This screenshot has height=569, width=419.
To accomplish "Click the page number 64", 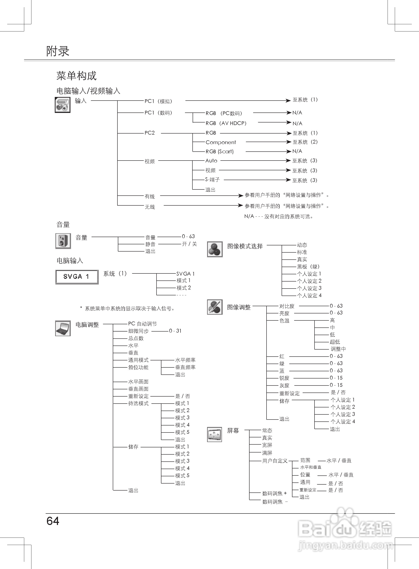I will pyautogui.click(x=53, y=521).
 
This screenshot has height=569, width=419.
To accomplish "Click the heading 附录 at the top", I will pyautogui.click(x=58, y=51).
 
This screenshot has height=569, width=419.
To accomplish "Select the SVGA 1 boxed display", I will pyautogui.click(x=77, y=277).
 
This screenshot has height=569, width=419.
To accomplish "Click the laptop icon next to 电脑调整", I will pyautogui.click(x=63, y=328).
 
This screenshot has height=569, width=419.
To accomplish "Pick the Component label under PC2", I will pyautogui.click(x=221, y=142).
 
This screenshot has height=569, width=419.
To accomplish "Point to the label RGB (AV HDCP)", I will pyautogui.click(x=226, y=123).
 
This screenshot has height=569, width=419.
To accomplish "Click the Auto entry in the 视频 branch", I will pyautogui.click(x=211, y=161).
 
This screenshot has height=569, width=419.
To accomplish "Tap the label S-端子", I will pyautogui.click(x=212, y=180).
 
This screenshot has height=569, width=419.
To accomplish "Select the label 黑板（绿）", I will pyautogui.click(x=308, y=267).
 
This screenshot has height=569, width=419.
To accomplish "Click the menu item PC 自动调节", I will pyautogui.click(x=142, y=324).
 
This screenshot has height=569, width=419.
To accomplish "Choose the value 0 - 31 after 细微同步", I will pyautogui.click(x=175, y=331).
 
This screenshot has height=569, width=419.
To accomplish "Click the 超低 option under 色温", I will pyautogui.click(x=335, y=342).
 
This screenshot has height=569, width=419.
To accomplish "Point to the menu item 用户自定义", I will pyautogui.click(x=275, y=461).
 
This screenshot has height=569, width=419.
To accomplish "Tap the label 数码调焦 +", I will pyautogui.click(x=274, y=493).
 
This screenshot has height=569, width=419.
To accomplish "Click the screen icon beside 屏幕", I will pyautogui.click(x=214, y=434).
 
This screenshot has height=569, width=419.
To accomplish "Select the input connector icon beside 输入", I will pyautogui.click(x=62, y=105).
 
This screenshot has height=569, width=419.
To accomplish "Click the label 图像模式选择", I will pyautogui.click(x=245, y=246).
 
